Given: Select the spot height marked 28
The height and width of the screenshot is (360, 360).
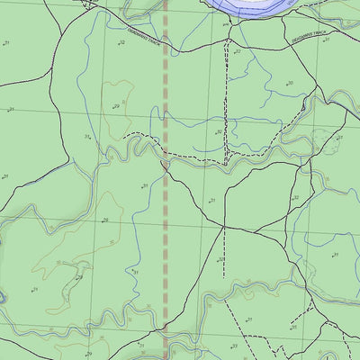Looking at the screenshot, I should [79, 277].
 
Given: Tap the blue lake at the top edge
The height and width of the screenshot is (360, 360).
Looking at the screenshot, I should [252, 6].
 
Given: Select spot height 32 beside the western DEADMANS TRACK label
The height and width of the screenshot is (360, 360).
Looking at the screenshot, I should [121, 42].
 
